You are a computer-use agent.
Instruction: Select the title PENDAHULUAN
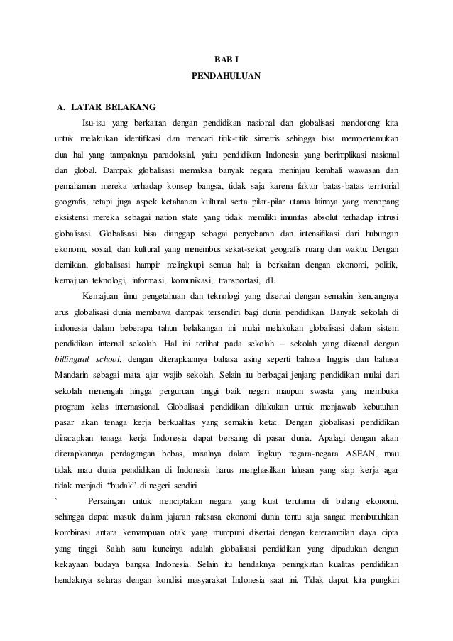(226, 74)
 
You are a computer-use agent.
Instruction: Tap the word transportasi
(224, 279)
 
